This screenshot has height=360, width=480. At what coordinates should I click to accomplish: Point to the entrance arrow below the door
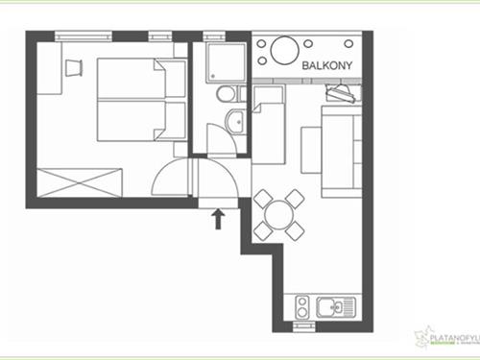218,218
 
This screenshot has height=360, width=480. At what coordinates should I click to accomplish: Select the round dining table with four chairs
279,214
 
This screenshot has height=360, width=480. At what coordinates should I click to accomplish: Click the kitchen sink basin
332,308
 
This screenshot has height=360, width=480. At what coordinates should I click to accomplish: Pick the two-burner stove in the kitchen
301,308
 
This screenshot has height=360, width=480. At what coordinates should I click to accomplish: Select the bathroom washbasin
234,120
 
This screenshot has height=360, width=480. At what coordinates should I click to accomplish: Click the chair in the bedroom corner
74,65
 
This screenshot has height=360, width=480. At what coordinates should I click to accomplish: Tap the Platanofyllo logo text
450,337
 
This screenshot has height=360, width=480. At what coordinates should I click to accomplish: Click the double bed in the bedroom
140,102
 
